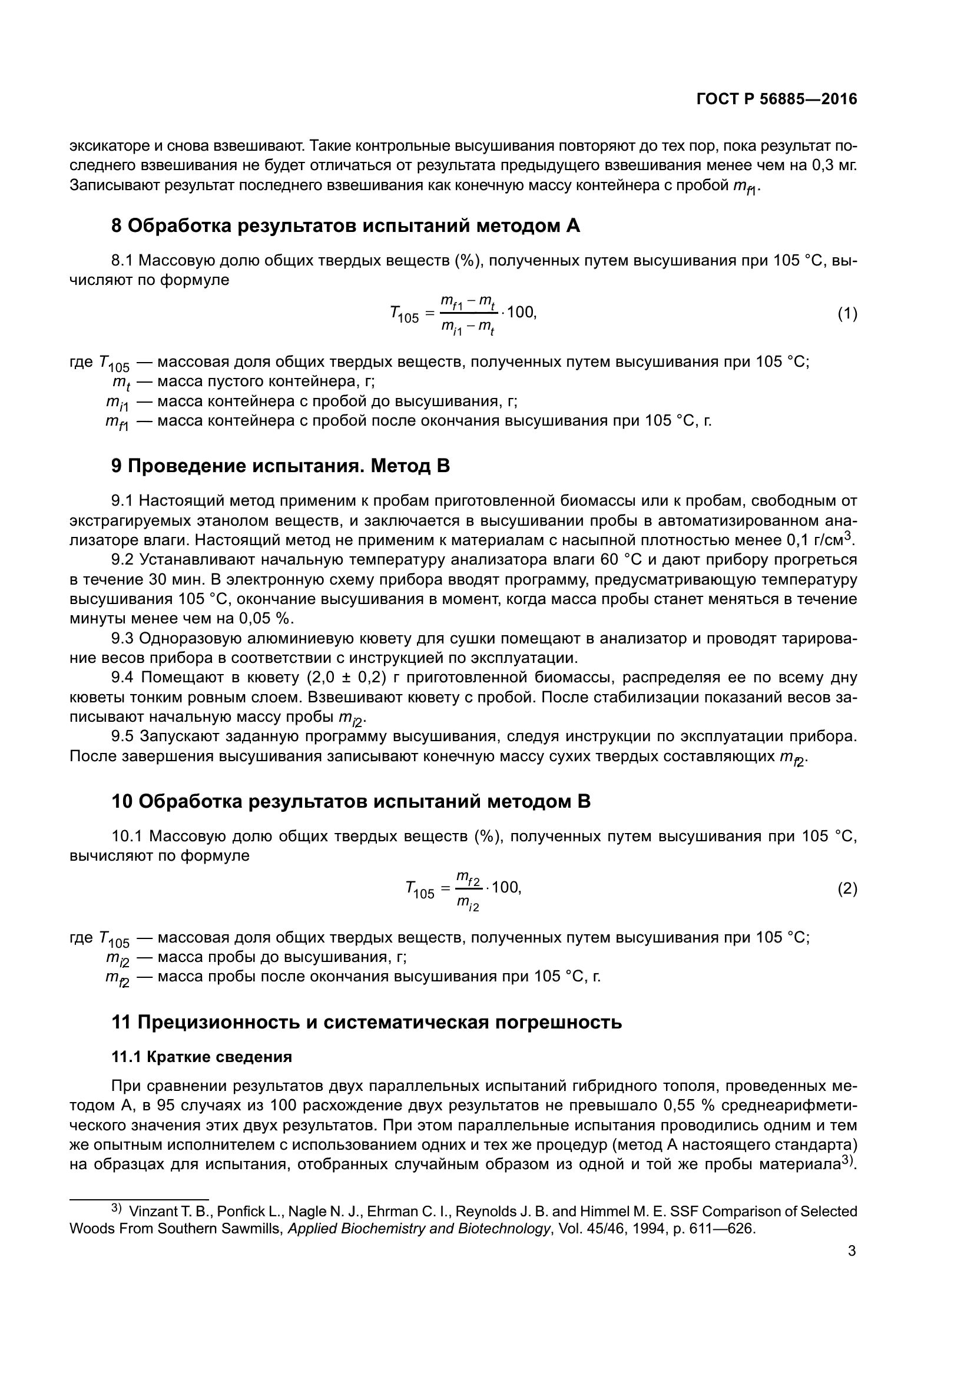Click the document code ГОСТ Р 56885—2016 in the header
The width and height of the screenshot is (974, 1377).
click(x=777, y=99)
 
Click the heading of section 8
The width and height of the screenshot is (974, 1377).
click(x=346, y=226)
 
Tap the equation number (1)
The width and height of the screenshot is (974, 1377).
click(x=847, y=313)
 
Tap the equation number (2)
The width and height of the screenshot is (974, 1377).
click(x=847, y=888)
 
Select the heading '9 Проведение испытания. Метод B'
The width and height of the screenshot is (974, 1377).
click(x=280, y=466)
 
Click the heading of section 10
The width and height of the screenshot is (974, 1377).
click(x=351, y=801)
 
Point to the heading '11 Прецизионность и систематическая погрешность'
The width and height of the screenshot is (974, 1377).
click(x=366, y=1022)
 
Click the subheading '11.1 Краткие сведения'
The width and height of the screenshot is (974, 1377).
click(x=201, y=1057)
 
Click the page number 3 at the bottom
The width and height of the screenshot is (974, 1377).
click(x=852, y=1251)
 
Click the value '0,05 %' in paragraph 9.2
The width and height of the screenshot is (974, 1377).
click(x=266, y=618)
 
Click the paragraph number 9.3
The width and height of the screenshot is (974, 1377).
click(x=123, y=639)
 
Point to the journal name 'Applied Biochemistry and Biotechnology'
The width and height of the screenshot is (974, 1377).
click(x=419, y=1228)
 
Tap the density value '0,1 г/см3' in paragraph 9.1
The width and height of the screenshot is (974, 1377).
click(x=819, y=540)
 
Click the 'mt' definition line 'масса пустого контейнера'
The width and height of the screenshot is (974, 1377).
click(x=265, y=382)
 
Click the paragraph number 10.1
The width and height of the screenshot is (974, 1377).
click(x=127, y=836)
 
